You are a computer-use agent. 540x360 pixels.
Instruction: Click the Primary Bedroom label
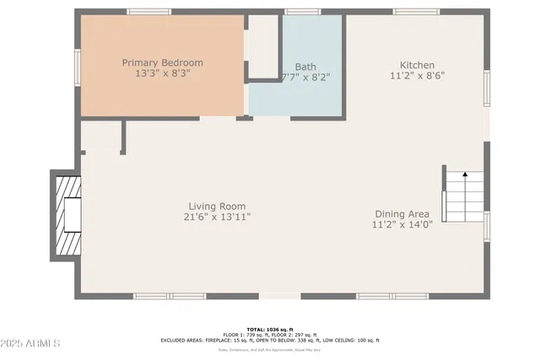tap(162, 62)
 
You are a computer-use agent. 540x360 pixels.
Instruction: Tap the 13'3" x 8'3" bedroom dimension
tap(162, 74)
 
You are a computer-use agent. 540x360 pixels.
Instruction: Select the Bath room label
tap(305, 67)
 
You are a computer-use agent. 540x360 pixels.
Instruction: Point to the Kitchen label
tap(417, 64)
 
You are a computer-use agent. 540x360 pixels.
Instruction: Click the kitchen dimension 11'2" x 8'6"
tap(417, 75)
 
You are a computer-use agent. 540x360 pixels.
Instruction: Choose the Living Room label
tap(217, 206)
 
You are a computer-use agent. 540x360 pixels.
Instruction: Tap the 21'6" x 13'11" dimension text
tap(217, 217)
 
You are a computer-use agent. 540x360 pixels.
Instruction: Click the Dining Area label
tap(402, 213)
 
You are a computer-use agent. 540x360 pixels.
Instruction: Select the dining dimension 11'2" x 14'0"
tap(402, 224)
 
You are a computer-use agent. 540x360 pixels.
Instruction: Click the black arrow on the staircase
tap(465, 175)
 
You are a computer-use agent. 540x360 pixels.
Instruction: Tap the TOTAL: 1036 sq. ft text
tap(270, 328)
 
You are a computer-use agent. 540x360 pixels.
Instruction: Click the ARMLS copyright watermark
tap(30, 344)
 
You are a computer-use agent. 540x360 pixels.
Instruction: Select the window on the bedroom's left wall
tap(76, 66)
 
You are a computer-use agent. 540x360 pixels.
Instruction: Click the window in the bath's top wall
tap(302, 12)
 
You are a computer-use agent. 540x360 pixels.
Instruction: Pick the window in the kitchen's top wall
tap(416, 12)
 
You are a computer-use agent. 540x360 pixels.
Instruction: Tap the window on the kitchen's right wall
tap(487, 88)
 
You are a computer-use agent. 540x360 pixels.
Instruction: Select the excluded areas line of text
tap(270, 340)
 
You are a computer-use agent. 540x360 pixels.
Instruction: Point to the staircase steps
tap(465, 196)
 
